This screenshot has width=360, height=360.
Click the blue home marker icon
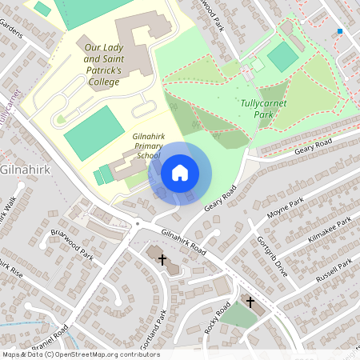click(180, 173)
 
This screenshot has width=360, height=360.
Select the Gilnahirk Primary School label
click(148, 146)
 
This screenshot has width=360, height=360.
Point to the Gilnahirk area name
click(26, 170)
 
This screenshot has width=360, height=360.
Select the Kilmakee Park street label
click(329, 230)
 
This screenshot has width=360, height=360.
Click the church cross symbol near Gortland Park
click(162, 259)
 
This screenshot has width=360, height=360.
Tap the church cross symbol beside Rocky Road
click(250, 302)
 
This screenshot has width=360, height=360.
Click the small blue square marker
click(340, 31)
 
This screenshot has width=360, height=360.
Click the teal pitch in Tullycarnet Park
click(282, 57)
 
